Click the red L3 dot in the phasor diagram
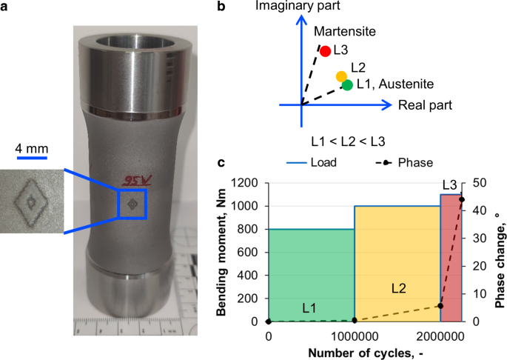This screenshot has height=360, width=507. pos(324,51)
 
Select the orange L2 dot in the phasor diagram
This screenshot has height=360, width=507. pos(341,76)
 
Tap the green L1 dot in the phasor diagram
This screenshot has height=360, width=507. pos(347,85)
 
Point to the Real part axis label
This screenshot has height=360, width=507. pos(425,105)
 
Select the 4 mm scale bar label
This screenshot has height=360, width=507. pos(33,149)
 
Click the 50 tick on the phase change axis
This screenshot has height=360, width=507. pos(478,184)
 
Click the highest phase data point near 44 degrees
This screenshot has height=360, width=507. pos(462,199)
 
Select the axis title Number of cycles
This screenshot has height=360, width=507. pos(366,351)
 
